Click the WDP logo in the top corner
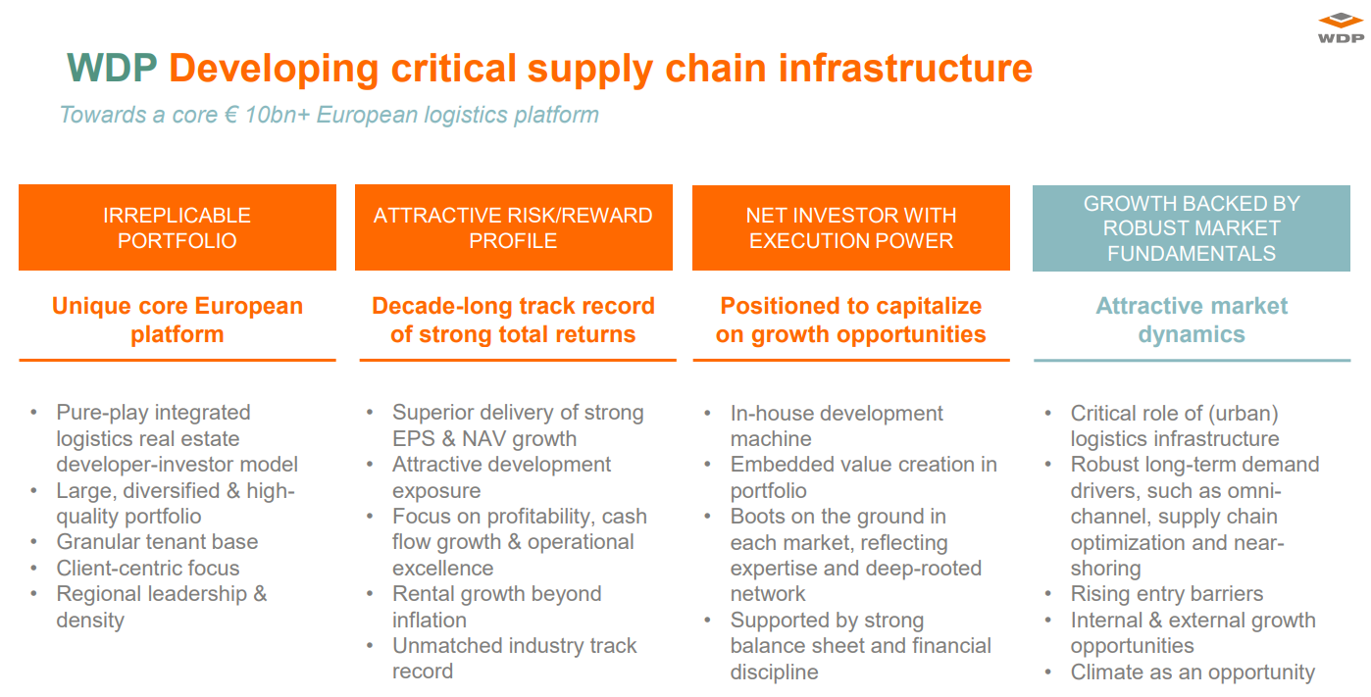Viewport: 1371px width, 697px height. pyautogui.click(x=1341, y=28)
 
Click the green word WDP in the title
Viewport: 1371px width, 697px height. pyautogui.click(x=112, y=68)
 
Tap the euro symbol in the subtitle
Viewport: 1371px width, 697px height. pyautogui.click(x=230, y=115)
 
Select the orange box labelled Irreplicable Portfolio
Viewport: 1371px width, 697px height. pyautogui.click(x=178, y=227)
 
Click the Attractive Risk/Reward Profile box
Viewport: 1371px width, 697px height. pyautogui.click(x=514, y=227)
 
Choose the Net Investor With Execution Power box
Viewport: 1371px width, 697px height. pyautogui.click(x=851, y=227)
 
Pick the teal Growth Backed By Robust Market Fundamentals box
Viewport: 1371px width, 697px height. pyautogui.click(x=1192, y=228)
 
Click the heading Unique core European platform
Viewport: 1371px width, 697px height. pyautogui.click(x=178, y=320)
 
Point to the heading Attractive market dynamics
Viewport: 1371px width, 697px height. pyautogui.click(x=1192, y=320)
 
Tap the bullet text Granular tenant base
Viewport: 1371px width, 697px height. pyautogui.click(x=157, y=542)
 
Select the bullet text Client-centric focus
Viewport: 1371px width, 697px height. pyautogui.click(x=147, y=568)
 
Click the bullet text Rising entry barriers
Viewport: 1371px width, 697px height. pyautogui.click(x=1167, y=594)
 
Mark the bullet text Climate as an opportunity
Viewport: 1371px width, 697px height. pyautogui.click(x=1193, y=672)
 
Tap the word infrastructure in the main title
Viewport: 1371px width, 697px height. pyautogui.click(x=906, y=68)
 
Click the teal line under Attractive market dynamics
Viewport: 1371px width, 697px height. pyautogui.click(x=1192, y=361)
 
